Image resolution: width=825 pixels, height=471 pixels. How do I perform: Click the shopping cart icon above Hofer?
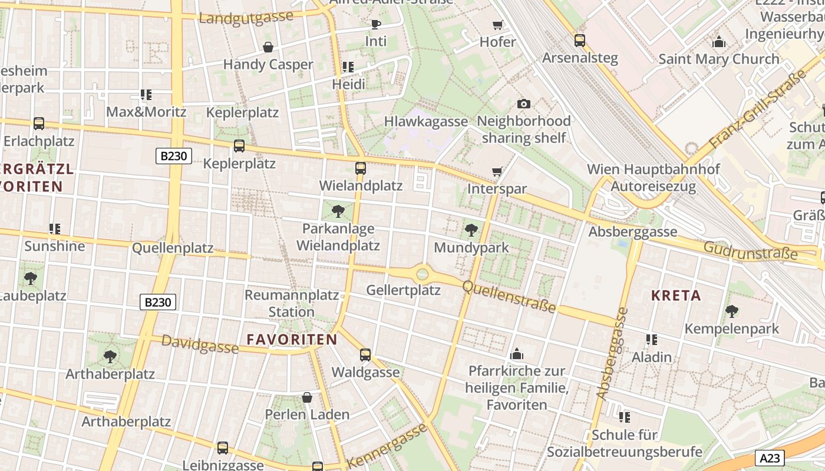[x=497, y=25]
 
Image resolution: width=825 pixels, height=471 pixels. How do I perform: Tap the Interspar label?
[x=497, y=189]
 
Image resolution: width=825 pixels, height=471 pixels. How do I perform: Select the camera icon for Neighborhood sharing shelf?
[x=523, y=104]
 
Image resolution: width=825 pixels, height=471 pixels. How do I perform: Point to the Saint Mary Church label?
[x=718, y=59]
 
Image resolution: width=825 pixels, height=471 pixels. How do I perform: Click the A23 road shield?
[x=769, y=458]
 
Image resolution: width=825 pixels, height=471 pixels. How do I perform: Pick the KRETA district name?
[x=676, y=296]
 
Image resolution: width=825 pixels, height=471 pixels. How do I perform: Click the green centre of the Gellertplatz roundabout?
[x=422, y=274]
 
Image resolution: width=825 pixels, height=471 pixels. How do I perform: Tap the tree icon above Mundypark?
[x=471, y=230]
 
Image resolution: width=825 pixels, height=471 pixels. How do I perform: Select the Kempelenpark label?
[x=731, y=329]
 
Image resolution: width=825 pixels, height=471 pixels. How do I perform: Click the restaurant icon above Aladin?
[x=651, y=340]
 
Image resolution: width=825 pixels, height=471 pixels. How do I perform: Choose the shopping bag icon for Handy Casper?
[x=268, y=47]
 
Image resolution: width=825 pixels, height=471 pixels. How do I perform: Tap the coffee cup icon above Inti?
[x=375, y=24]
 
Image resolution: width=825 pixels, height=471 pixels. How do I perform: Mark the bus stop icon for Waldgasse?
[x=365, y=354]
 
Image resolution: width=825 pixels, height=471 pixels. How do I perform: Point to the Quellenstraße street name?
[x=509, y=296]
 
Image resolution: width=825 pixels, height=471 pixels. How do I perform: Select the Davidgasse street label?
[x=200, y=344]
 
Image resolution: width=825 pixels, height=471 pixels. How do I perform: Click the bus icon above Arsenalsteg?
[x=580, y=40]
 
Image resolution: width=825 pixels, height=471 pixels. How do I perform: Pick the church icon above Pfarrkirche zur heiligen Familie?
[x=517, y=354]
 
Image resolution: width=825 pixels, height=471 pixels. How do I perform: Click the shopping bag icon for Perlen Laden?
[x=307, y=397]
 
